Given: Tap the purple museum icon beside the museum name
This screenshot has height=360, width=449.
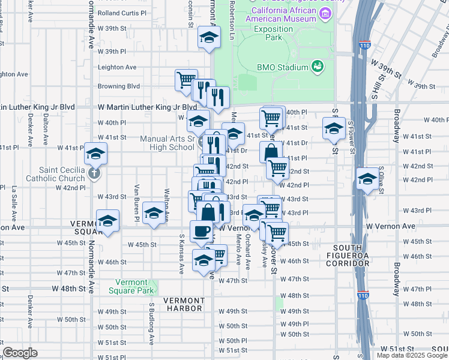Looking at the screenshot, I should [325, 13].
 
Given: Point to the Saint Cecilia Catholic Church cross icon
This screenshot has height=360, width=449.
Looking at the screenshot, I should [92, 174].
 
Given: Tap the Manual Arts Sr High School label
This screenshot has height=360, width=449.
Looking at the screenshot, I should [167, 143].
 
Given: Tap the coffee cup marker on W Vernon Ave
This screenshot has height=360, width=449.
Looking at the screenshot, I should [201, 230].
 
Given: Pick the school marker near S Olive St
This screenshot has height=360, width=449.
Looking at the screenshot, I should [367, 178].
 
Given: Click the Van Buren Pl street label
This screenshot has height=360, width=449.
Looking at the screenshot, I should [137, 202].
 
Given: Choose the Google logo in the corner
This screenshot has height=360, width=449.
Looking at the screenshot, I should [20, 353].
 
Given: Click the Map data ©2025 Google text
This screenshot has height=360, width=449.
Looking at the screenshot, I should [411, 355].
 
